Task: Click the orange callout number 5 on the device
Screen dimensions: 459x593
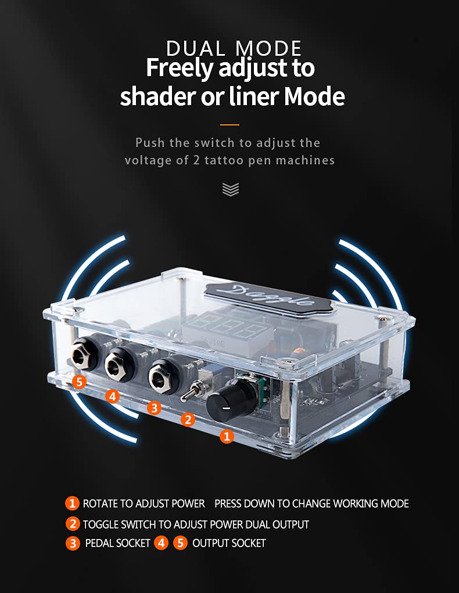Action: [x=79, y=382]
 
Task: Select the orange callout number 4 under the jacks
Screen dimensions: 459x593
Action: [x=112, y=397]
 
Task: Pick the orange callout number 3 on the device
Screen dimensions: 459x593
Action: [x=154, y=408]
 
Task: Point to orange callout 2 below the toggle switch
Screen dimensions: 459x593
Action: [x=188, y=419]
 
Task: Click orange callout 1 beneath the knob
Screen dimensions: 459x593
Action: [x=227, y=437]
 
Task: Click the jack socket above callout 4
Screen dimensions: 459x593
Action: [x=119, y=363]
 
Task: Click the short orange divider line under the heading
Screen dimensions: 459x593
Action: [x=229, y=124]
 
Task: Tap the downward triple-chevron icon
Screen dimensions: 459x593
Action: [x=231, y=189]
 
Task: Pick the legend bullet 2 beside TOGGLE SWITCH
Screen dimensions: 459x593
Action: [x=73, y=524]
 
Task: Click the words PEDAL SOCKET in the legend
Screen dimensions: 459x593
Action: [x=118, y=543]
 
